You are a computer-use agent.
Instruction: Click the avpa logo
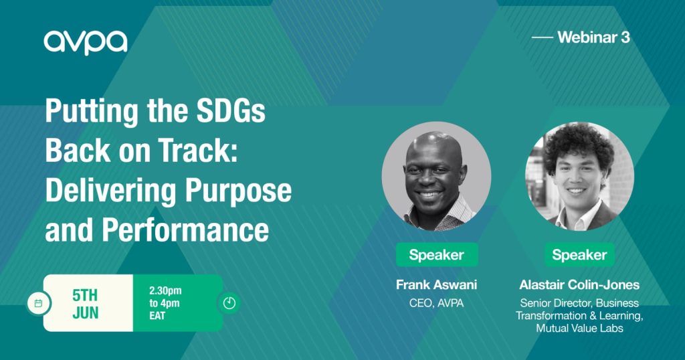point(86,42)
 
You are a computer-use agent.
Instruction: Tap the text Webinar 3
point(594,37)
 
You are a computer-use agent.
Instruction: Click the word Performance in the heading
point(185,230)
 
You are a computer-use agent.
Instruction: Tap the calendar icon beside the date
point(38,303)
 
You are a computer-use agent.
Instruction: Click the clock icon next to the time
point(229,302)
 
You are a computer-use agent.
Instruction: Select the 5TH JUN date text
point(86,304)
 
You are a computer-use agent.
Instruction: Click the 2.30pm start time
point(165,290)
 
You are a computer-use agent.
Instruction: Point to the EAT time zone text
point(157,315)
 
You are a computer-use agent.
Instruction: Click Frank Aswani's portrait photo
point(436,176)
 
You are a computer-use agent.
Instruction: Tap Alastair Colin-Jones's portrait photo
point(579,176)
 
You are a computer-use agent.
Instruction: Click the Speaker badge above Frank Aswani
point(436,255)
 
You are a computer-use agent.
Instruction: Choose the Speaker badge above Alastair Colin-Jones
point(579,255)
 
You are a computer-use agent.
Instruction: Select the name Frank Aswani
point(436,285)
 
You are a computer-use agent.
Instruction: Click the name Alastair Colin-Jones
point(579,285)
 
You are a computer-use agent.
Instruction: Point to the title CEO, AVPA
point(436,302)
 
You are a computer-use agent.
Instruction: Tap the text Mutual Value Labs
point(580,328)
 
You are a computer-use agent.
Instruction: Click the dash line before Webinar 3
point(543,37)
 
